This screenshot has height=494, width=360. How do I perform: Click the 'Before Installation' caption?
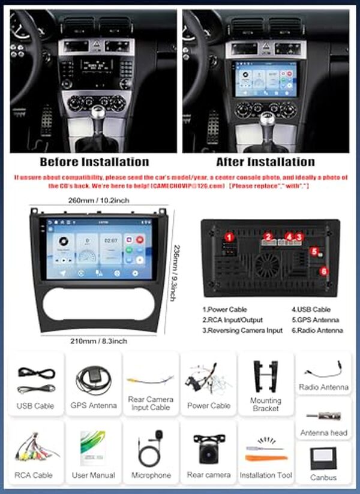click(94, 162)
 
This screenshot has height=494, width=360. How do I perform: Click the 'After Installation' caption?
click(265, 162)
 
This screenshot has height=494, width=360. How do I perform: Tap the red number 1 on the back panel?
click(228, 238)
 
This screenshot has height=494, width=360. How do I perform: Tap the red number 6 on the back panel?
click(323, 271)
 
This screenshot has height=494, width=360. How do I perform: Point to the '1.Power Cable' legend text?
click(225, 310)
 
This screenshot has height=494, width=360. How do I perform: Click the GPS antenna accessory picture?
click(93, 378)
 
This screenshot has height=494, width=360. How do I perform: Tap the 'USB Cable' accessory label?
click(35, 406)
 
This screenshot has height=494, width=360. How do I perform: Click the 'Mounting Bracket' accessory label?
click(266, 404)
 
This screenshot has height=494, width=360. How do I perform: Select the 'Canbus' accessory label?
click(323, 478)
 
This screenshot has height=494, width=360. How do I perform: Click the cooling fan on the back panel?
click(268, 264)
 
